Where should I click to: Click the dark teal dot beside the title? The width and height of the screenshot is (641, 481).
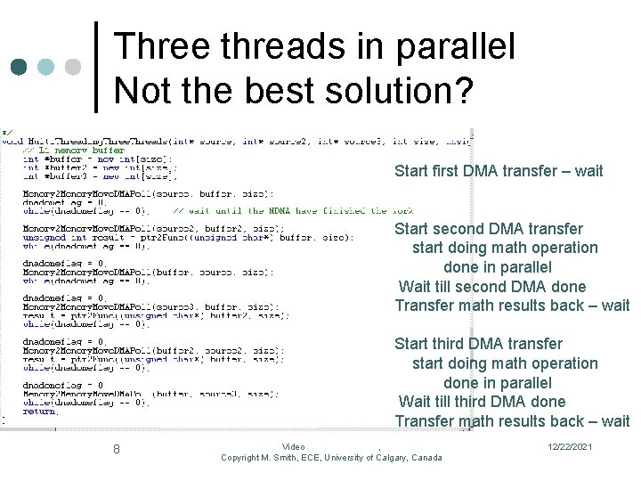point(18,68)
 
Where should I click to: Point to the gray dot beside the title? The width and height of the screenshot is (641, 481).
point(72,68)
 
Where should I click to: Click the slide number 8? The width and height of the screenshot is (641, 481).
point(116,449)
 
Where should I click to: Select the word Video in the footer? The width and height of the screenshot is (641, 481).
point(293,447)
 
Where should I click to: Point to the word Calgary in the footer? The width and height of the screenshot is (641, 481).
point(388,458)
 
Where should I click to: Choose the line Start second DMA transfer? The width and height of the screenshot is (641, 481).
point(489,229)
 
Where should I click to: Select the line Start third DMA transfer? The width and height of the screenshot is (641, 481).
point(478,344)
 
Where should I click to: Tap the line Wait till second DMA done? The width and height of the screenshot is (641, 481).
point(492,287)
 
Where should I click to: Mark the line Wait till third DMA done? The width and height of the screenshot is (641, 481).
point(482,402)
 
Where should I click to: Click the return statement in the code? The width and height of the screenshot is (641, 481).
point(40,412)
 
